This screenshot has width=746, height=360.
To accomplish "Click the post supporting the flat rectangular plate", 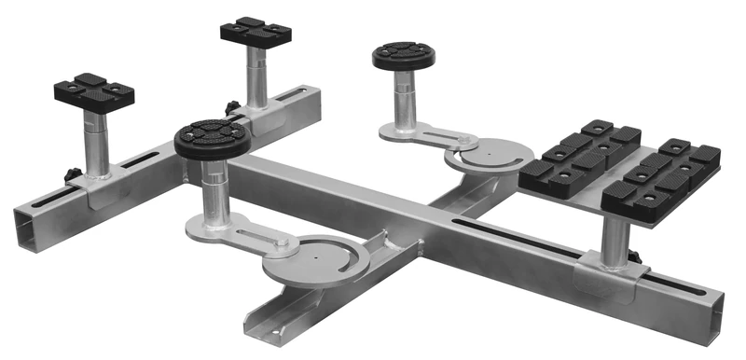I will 615,239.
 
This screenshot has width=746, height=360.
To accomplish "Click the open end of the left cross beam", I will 28,224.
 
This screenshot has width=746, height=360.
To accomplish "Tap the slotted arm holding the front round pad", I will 242,228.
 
